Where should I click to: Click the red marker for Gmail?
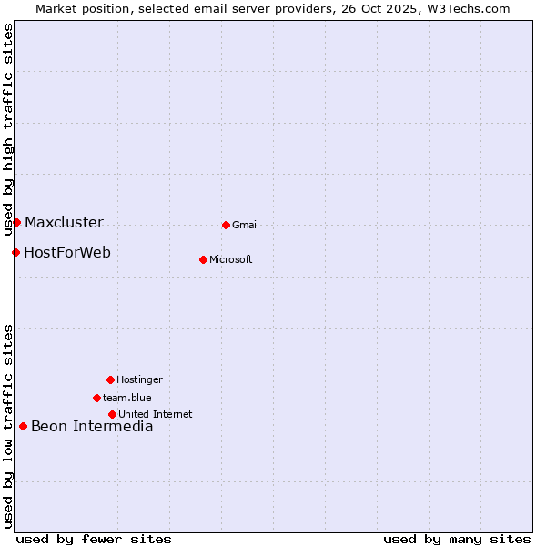(x=226, y=225)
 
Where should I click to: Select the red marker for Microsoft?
(x=203, y=259)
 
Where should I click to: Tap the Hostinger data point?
(x=110, y=379)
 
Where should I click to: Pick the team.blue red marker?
(x=96, y=398)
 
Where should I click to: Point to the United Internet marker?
(x=112, y=414)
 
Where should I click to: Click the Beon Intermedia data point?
(x=23, y=426)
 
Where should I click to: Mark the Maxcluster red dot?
(x=16, y=222)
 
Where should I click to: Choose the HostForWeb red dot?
(x=15, y=252)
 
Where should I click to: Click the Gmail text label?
(x=246, y=226)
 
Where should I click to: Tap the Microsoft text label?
(x=231, y=260)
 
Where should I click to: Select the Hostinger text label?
(x=139, y=380)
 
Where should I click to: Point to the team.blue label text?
(x=127, y=399)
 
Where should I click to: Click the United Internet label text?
(x=156, y=415)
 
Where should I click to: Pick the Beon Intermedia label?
(x=92, y=427)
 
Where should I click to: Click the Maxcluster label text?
(x=64, y=223)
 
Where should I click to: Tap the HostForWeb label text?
(x=67, y=253)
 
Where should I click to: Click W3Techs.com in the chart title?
(x=464, y=8)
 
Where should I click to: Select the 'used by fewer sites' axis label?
(x=94, y=539)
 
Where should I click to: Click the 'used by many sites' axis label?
(x=457, y=539)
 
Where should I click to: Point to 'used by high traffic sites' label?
(x=8, y=129)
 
